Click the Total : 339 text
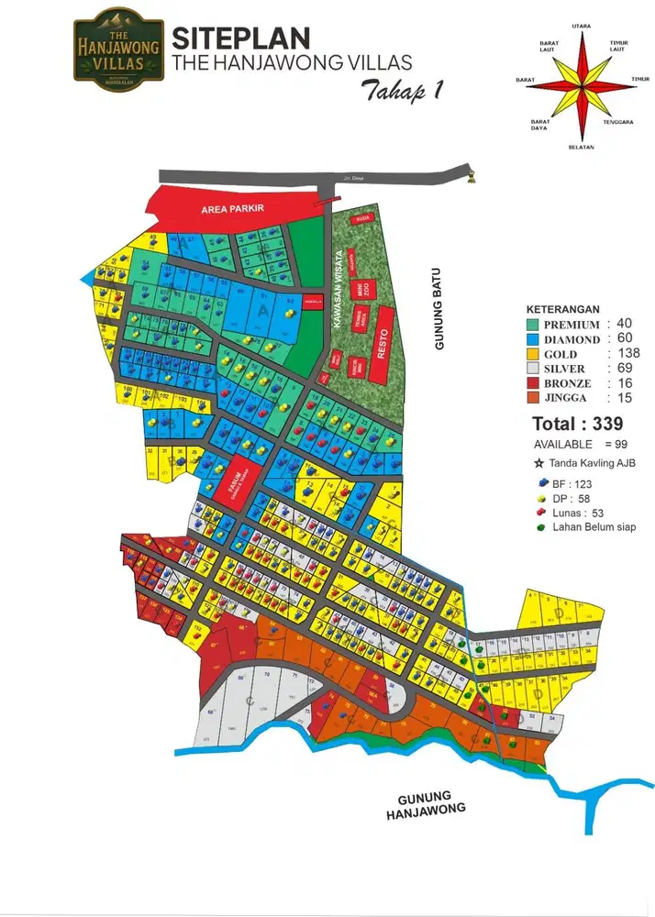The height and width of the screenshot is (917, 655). [x=578, y=424]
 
